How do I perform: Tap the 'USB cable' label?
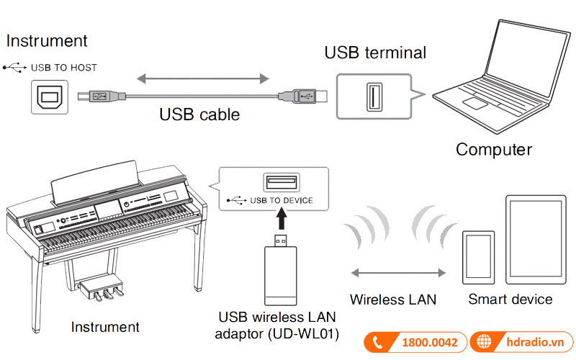[199, 114]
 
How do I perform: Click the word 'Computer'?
[493, 149]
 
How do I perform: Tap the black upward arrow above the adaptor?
[283, 217]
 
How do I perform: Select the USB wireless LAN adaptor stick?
[282, 269]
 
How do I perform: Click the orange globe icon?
[484, 343]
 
